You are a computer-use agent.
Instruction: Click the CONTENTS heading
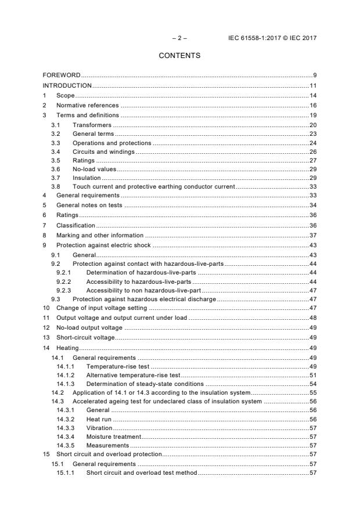(179, 56)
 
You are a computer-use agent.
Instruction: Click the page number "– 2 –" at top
(179, 38)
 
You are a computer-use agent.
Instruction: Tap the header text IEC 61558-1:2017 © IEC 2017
(273, 38)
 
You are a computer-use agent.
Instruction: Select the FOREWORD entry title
(62, 75)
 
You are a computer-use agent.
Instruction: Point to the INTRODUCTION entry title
(67, 85)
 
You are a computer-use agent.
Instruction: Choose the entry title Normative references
(87, 105)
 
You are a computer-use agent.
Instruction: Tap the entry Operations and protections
(111, 143)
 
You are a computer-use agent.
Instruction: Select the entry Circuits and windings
(103, 151)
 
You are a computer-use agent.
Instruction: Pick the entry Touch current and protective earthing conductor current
(153, 187)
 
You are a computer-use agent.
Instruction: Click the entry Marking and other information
(99, 235)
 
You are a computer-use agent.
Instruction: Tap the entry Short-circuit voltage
(85, 337)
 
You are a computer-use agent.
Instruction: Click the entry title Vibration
(99, 427)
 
